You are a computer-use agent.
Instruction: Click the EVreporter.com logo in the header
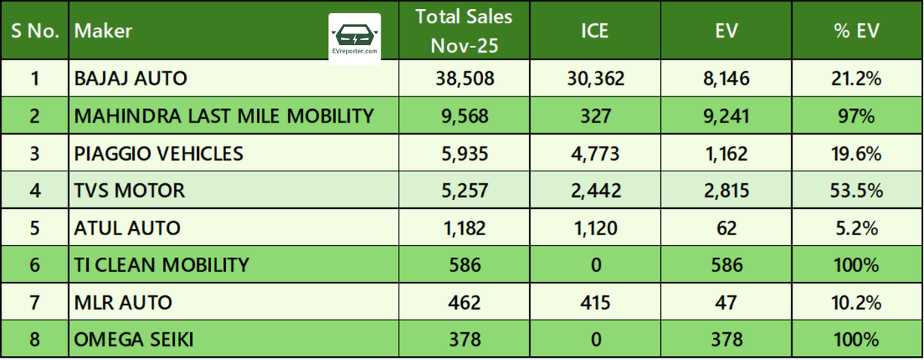tap(355, 39)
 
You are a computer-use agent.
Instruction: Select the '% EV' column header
tap(856, 31)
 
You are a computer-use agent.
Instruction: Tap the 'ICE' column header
tap(594, 31)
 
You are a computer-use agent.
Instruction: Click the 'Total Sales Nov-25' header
tap(464, 31)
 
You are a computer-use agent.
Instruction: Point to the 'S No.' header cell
tap(35, 31)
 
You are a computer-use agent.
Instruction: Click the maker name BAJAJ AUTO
tap(131, 78)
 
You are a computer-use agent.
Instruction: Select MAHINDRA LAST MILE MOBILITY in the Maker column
tap(224, 116)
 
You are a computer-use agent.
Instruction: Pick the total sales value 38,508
tap(464, 78)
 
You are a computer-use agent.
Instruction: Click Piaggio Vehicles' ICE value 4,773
tap(595, 153)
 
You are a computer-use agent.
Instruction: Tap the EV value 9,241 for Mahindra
tap(726, 116)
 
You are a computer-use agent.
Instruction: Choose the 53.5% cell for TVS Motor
tap(856, 191)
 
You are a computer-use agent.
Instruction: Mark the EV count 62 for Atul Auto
tap(726, 228)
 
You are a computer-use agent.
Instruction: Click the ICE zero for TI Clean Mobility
tap(596, 265)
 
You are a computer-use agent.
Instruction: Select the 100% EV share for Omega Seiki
tap(856, 340)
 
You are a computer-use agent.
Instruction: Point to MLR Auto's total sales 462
tap(464, 303)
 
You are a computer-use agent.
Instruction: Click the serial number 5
tap(35, 228)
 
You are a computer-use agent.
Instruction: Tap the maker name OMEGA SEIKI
tap(134, 340)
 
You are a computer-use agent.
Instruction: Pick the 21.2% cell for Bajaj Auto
tap(856, 78)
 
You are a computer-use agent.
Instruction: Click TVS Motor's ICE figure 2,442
tap(596, 191)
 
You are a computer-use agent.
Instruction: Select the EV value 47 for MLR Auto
tap(726, 303)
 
